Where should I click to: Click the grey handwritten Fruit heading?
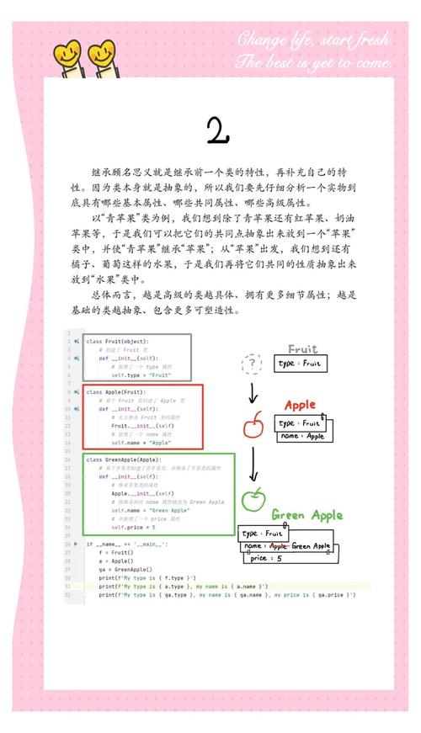302,349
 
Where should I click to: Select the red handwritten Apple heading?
300,406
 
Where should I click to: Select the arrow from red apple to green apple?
253,463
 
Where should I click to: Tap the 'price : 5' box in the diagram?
269,558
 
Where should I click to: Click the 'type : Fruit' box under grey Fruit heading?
300,364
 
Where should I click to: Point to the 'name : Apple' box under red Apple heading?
302,436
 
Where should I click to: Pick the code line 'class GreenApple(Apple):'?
123,459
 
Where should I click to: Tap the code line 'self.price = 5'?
134,527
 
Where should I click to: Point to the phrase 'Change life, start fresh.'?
313,40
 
